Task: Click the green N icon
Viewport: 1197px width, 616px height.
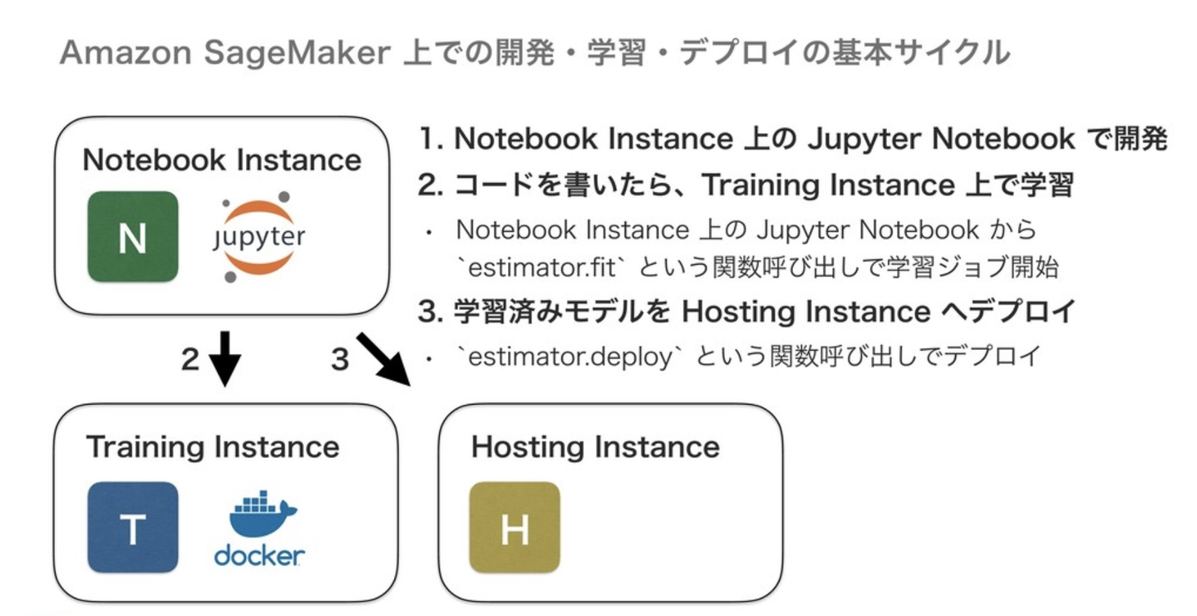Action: (x=133, y=237)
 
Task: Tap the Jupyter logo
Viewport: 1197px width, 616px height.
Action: (x=258, y=237)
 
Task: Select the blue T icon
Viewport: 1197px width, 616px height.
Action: (x=133, y=527)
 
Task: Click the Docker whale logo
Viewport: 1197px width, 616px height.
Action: (x=259, y=532)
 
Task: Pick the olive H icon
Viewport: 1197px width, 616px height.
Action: (x=515, y=527)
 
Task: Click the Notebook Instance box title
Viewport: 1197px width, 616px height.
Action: (x=222, y=160)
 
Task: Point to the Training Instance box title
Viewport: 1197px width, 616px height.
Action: (x=213, y=447)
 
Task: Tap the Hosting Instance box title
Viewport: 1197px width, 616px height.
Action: (x=595, y=447)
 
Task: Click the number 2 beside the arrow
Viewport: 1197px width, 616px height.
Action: (x=190, y=360)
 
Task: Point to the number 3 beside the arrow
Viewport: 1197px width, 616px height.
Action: (x=339, y=360)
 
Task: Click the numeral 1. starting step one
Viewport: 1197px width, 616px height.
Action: (x=431, y=140)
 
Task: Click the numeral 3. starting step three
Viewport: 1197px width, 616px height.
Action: (x=431, y=312)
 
